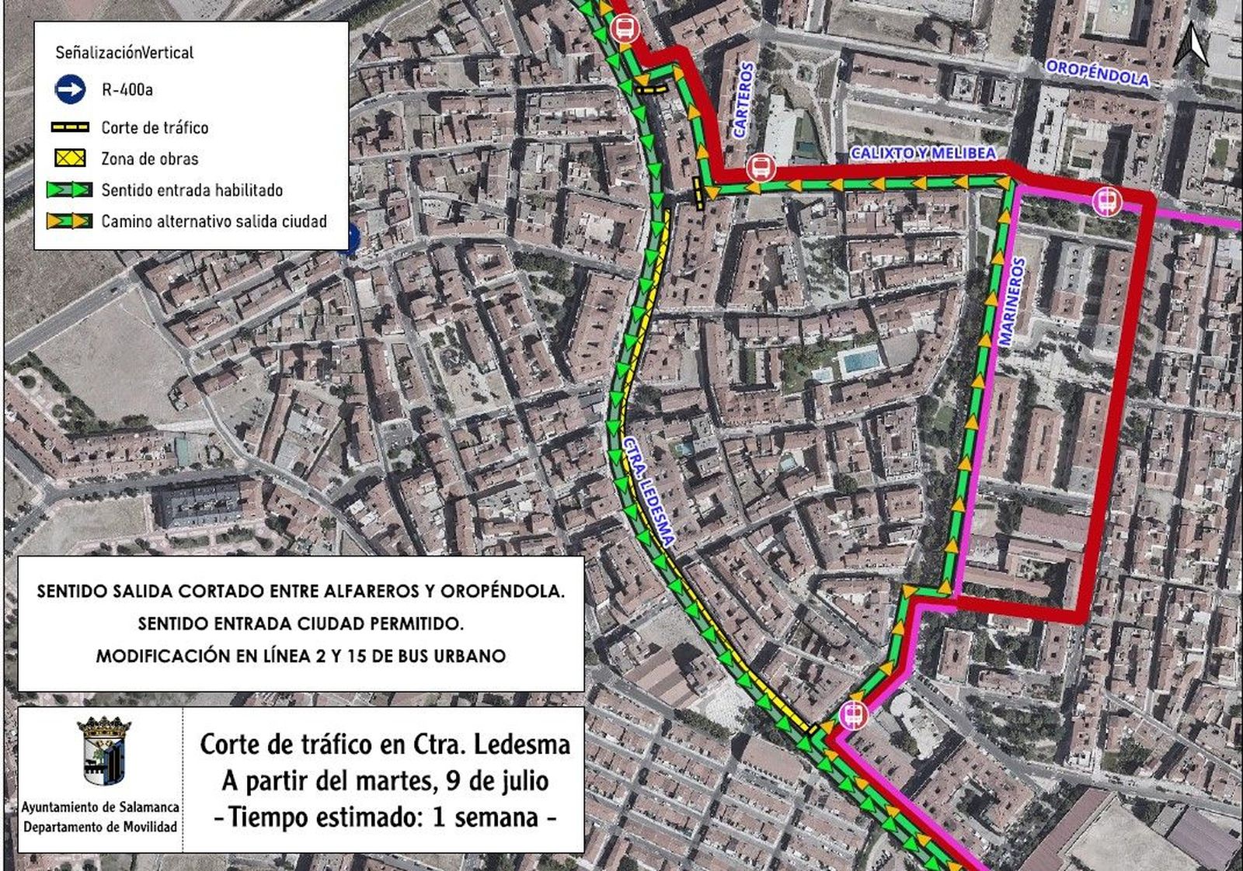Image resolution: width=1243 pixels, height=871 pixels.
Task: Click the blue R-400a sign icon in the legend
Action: (x=70, y=90)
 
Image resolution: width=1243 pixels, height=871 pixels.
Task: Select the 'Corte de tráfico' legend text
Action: (x=155, y=127)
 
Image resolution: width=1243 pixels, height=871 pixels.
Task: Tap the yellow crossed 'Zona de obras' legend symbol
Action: (x=71, y=158)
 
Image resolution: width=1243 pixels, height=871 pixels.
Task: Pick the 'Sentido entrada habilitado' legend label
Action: (x=192, y=190)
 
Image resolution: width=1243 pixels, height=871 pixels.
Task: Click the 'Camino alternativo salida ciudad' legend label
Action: (x=214, y=221)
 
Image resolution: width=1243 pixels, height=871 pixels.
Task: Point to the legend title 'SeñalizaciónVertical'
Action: (x=124, y=53)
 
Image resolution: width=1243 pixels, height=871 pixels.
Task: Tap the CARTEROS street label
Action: (x=743, y=100)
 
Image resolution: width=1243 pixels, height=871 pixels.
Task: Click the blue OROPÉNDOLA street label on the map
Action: (x=1097, y=73)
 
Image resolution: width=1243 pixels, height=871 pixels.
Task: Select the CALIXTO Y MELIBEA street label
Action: (x=923, y=153)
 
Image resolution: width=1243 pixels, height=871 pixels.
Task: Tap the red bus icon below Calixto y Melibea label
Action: (x=761, y=168)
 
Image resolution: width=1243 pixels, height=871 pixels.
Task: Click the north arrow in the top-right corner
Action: (x=1195, y=43)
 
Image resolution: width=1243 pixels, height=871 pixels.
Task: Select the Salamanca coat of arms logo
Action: (x=104, y=751)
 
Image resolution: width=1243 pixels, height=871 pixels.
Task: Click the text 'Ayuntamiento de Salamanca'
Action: (x=99, y=808)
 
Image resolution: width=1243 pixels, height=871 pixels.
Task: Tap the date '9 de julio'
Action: (x=497, y=781)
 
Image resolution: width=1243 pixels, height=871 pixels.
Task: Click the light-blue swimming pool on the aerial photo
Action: (x=860, y=360)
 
